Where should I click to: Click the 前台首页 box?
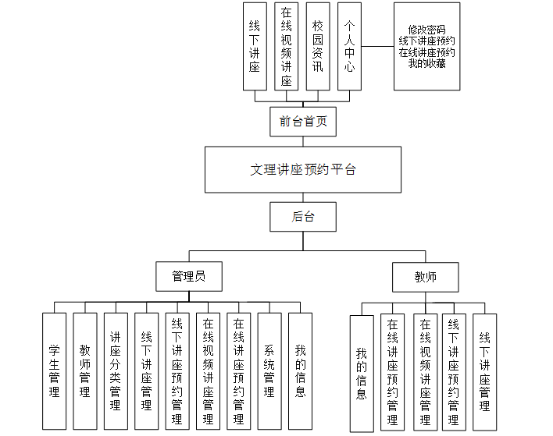click(x=303, y=122)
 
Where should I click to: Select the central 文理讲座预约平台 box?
click(x=303, y=169)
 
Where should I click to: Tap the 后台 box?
click(x=303, y=217)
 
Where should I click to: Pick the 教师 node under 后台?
click(x=425, y=277)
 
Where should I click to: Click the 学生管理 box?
click(x=54, y=370)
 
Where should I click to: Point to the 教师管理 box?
click(x=84, y=370)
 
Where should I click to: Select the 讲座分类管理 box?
click(x=115, y=370)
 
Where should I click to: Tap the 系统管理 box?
click(x=269, y=370)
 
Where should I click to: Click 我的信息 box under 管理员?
click(x=300, y=370)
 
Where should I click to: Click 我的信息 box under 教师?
click(x=361, y=373)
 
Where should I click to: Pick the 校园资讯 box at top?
click(x=317, y=47)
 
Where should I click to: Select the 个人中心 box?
click(x=349, y=47)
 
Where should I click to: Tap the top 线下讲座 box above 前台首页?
click(x=255, y=47)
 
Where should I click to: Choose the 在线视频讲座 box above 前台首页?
click(x=286, y=47)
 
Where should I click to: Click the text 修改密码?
click(x=426, y=30)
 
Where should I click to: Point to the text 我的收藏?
click(x=426, y=63)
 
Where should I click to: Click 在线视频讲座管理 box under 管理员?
click(x=208, y=370)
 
